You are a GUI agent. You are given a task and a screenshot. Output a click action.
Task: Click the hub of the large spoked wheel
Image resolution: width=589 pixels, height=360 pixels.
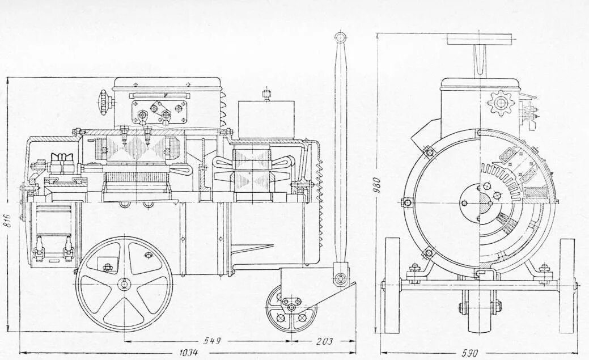click(x=124, y=283)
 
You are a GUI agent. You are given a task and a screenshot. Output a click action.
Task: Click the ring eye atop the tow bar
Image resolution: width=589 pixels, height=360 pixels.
click(x=340, y=38)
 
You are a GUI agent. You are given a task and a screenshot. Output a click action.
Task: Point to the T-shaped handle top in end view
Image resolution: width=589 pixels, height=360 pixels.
click(x=480, y=39)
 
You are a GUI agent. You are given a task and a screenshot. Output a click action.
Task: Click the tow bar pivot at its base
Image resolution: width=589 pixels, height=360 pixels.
click(x=341, y=278)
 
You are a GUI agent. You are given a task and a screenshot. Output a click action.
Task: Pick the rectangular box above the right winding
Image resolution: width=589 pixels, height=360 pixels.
click(x=266, y=118)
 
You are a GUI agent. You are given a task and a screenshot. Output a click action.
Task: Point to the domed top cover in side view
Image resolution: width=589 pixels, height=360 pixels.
click(x=166, y=83)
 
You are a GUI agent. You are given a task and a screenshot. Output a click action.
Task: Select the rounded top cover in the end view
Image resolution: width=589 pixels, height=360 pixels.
click(x=481, y=83)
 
